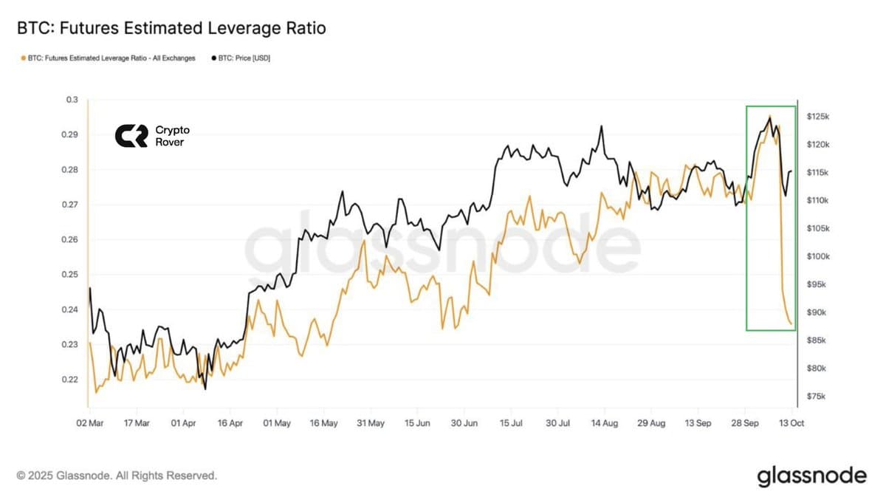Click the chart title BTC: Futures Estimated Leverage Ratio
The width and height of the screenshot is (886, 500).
tap(171, 29)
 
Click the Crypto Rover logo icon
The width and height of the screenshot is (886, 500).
tap(131, 136)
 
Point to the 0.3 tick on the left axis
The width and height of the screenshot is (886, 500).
tap(72, 100)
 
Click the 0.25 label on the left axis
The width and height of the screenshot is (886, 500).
tap(70, 275)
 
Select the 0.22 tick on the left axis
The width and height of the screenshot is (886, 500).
tap(70, 380)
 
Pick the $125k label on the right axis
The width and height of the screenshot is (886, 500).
tap(818, 117)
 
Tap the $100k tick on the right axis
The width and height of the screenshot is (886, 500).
tap(818, 256)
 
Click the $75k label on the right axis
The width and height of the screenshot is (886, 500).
tap(817, 397)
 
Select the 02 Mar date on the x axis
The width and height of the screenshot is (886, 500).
tap(89, 424)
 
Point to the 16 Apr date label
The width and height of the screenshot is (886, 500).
tap(230, 424)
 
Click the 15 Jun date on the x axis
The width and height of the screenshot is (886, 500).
tap(417, 424)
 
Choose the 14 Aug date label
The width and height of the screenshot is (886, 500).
tap(605, 424)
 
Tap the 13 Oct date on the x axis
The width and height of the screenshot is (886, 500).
tap(792, 424)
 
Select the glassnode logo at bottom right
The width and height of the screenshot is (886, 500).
tap(811, 476)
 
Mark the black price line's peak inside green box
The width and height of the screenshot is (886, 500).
tap(770, 117)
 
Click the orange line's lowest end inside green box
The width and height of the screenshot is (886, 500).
tap(791, 323)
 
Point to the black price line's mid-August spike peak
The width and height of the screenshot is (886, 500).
tap(601, 126)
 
